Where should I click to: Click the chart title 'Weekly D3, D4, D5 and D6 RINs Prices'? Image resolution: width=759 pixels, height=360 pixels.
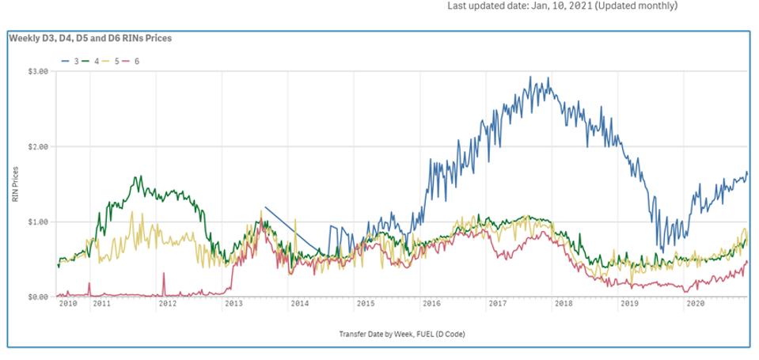click(90, 38)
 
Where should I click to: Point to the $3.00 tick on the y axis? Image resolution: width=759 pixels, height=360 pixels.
click(38, 71)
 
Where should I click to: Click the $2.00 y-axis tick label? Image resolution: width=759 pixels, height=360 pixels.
click(38, 146)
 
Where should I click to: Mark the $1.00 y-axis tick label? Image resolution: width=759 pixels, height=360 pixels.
click(38, 222)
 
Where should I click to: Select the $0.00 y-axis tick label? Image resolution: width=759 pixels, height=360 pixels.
click(38, 297)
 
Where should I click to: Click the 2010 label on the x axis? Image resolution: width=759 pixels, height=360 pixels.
click(68, 303)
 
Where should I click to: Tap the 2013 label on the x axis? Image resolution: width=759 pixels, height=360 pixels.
click(233, 303)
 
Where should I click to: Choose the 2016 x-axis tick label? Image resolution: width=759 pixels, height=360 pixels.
click(431, 303)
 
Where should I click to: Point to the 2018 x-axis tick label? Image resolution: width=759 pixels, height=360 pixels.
click(564, 303)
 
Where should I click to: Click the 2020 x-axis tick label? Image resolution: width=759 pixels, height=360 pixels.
click(695, 303)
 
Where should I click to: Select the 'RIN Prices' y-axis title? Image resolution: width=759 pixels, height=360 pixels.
click(15, 184)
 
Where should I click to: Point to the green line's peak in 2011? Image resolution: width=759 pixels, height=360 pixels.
click(139, 176)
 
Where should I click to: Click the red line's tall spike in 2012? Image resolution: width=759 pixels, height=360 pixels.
click(164, 274)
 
